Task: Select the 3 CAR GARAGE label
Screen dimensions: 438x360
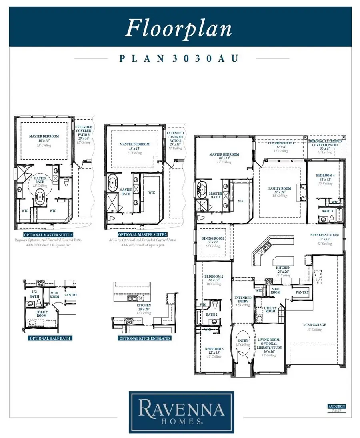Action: coord(314,325)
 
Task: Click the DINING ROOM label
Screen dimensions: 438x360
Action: coord(213,240)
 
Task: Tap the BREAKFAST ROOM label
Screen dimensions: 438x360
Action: coord(324,235)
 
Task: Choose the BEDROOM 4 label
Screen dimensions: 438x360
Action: coord(325,176)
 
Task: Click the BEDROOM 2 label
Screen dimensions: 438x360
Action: coord(214,276)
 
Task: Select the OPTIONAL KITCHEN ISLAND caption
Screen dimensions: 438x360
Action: coord(145,338)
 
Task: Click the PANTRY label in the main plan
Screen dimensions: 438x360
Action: coord(302,292)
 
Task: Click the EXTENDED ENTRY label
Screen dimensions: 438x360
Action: coord(243,300)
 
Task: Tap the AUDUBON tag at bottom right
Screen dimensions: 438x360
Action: coord(336,406)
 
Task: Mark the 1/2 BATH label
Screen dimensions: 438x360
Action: coord(34,295)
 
